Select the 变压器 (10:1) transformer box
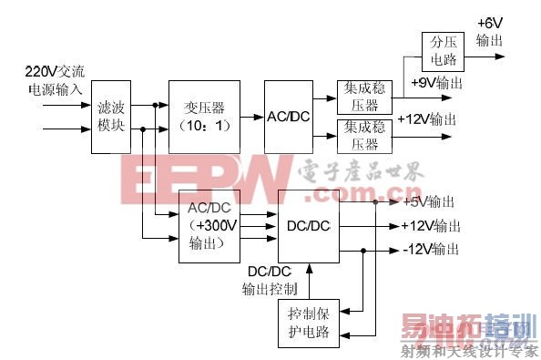coord(209,116)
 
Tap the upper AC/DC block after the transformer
coord(289,116)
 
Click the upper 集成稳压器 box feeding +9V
coord(362,96)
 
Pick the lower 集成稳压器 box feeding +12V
coord(362,136)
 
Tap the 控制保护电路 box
coord(309,322)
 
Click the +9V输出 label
coord(436,83)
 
